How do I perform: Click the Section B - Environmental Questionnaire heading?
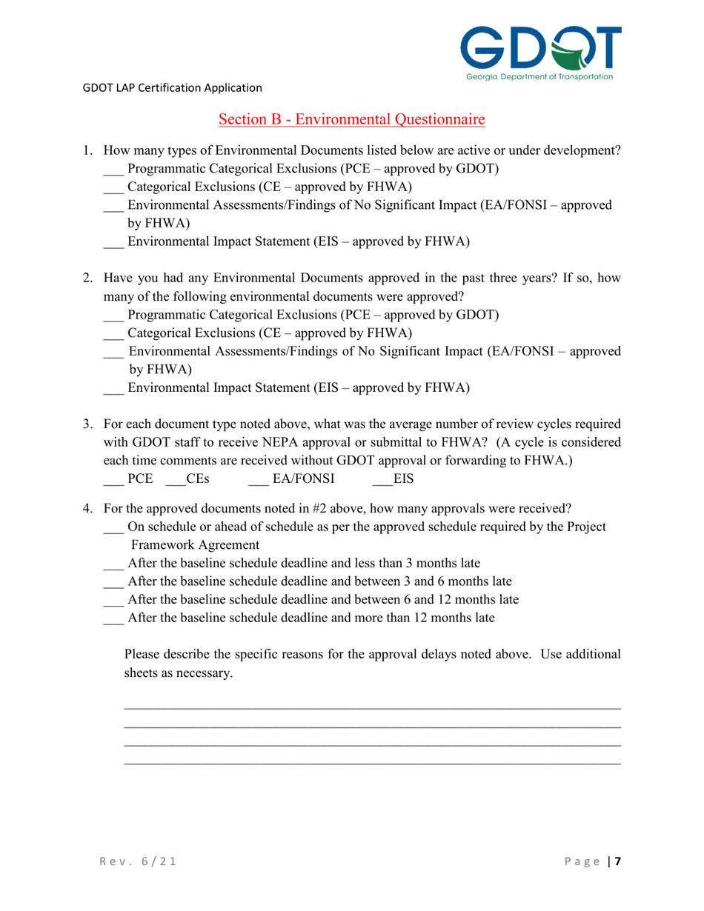click(x=352, y=119)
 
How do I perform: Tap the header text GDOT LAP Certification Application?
click(x=172, y=87)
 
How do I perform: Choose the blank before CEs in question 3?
click(x=174, y=480)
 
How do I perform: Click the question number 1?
click(x=87, y=151)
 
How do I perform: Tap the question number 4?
click(x=87, y=509)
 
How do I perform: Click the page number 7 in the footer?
click(x=617, y=861)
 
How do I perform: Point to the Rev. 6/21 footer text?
click(x=128, y=861)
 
